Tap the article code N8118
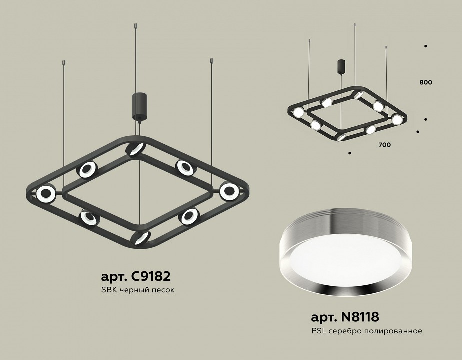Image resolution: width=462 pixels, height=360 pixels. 345,317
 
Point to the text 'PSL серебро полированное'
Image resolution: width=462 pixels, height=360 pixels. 367,331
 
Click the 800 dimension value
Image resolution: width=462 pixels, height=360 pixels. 426,82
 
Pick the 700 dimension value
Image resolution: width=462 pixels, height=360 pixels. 384,145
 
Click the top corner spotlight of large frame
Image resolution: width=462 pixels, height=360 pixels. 135,148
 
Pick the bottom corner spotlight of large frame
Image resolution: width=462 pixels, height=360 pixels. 141,237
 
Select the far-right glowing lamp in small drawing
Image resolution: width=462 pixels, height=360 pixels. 396,120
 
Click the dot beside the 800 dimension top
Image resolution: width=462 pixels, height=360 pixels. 425,46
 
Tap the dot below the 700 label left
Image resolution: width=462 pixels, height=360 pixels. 349,152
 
